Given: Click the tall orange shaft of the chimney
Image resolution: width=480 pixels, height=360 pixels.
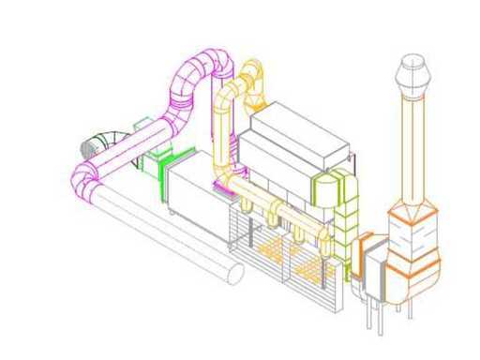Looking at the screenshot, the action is pos(410,150).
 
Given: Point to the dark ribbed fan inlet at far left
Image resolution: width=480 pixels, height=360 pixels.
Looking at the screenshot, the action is pos(93,145).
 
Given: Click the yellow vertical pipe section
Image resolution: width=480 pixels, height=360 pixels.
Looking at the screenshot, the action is pos(223,131).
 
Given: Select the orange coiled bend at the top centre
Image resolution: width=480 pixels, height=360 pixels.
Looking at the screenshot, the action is pos(252,79).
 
